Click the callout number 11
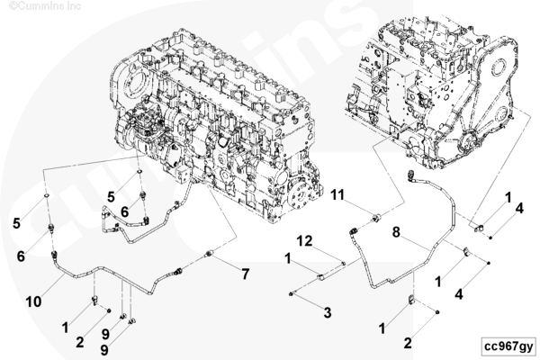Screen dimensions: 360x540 (337, 194)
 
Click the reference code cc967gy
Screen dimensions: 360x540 (508, 346)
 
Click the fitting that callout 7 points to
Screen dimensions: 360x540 (210, 255)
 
